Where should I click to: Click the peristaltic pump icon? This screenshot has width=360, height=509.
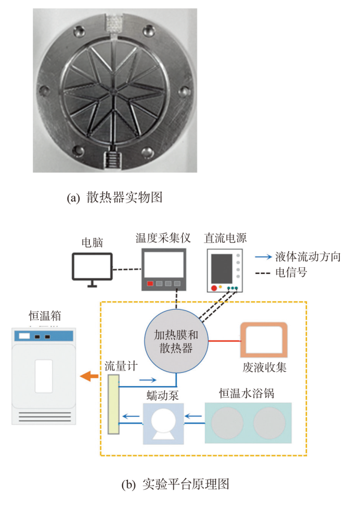[x=164, y=423]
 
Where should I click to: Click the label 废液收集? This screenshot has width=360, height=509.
[x=264, y=367]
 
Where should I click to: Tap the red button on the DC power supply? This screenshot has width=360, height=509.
[x=213, y=288]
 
